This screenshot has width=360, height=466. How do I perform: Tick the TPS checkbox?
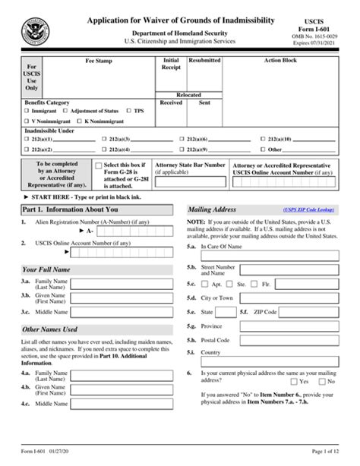pyautogui.click(x=130, y=110)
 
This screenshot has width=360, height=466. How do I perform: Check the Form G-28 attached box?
pyautogui.click(x=98, y=165)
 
